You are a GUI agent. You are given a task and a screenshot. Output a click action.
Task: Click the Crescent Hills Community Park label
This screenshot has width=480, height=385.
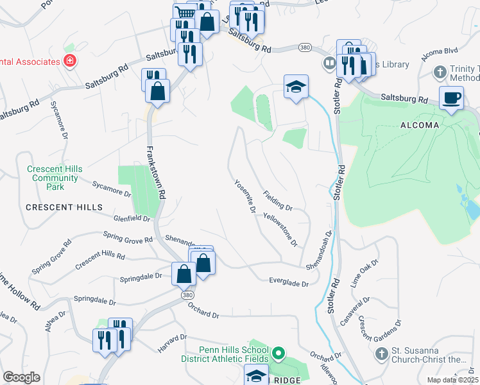[x=55, y=178]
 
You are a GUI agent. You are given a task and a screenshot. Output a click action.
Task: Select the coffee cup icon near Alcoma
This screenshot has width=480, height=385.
[x=452, y=98]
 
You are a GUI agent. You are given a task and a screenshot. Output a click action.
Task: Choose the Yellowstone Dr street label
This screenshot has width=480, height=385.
[x=280, y=230]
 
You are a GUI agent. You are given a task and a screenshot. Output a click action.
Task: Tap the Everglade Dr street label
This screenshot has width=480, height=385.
[x=289, y=281]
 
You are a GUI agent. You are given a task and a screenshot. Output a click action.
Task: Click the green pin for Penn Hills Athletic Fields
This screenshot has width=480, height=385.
[x=279, y=353]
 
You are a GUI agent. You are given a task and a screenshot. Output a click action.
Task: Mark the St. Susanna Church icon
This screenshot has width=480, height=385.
[x=381, y=354]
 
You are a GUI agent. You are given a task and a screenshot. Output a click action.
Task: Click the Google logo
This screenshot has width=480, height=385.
[x=21, y=377]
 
